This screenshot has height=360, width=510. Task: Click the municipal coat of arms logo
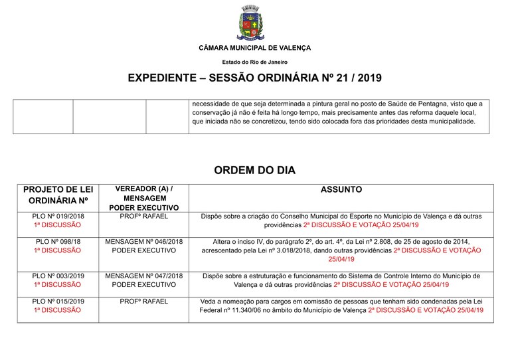point(254,23)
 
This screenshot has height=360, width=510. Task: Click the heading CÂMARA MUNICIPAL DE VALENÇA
point(254,48)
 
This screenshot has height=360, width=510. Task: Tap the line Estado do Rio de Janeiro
point(254,62)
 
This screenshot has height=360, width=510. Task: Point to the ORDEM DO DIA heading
point(254,171)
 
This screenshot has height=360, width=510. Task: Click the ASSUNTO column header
point(341,190)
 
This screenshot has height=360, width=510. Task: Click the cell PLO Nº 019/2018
point(58,217)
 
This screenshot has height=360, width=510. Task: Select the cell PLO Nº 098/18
point(58,241)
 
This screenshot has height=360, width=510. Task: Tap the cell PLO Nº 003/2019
point(58,276)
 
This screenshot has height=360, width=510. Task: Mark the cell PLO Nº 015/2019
point(58,301)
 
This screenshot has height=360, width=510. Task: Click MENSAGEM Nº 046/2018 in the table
point(144,241)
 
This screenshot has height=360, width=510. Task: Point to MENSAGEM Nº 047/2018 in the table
point(144,276)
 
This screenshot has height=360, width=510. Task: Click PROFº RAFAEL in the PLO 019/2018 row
point(144,217)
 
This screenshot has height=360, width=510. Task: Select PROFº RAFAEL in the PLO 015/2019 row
point(144,301)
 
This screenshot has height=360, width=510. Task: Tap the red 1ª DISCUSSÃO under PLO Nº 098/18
point(58,250)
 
